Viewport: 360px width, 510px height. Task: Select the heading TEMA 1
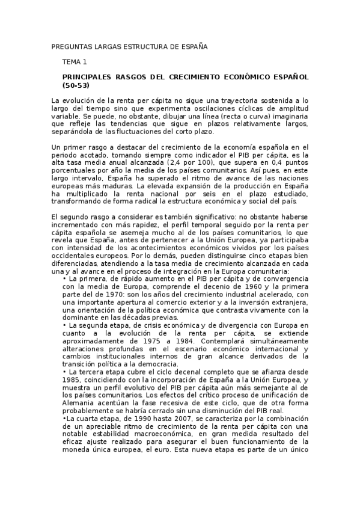(x=75, y=61)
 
